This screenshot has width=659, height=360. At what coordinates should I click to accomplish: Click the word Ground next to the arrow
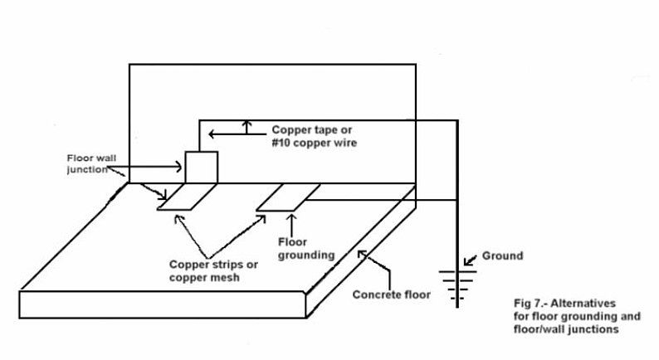click(503, 256)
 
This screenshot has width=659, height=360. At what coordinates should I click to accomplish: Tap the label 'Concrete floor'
click(392, 294)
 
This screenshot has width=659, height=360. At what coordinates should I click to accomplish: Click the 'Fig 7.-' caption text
click(532, 304)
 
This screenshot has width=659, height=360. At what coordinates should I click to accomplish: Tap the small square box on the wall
click(201, 167)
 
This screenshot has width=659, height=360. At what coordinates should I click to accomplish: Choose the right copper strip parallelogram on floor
click(287, 197)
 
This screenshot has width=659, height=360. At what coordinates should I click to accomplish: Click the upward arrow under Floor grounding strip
click(292, 223)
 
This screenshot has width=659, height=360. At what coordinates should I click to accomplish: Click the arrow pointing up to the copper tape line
click(247, 127)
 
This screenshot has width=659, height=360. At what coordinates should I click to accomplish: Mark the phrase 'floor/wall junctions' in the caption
click(565, 329)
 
